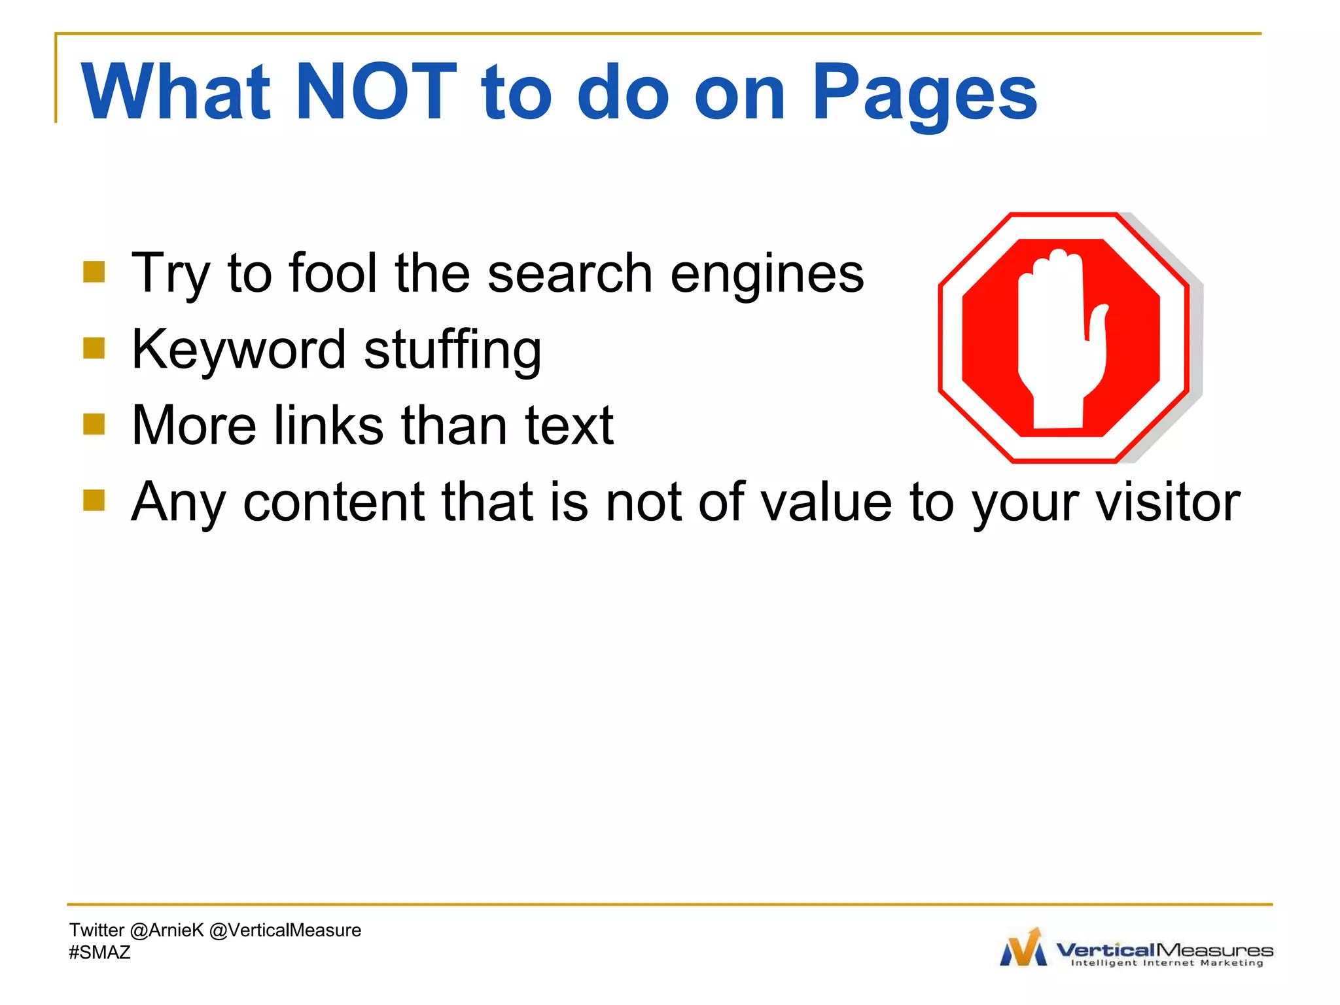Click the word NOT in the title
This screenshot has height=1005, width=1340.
(376, 92)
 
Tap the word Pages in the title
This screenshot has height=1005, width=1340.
(924, 92)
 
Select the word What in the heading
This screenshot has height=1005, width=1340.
(175, 92)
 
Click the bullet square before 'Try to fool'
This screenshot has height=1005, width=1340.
(94, 272)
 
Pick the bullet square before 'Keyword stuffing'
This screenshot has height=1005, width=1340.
(94, 348)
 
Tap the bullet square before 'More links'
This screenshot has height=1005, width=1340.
(94, 424)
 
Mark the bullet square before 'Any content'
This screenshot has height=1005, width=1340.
(94, 500)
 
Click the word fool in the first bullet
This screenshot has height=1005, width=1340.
(332, 273)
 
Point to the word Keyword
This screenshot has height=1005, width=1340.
(238, 349)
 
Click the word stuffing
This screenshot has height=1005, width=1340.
(453, 349)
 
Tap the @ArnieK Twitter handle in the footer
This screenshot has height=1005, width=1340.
(167, 930)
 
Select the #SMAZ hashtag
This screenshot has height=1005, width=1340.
(100, 952)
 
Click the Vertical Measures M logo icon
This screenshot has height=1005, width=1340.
(1024, 948)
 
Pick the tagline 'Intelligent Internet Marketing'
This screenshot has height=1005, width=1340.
(1167, 963)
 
